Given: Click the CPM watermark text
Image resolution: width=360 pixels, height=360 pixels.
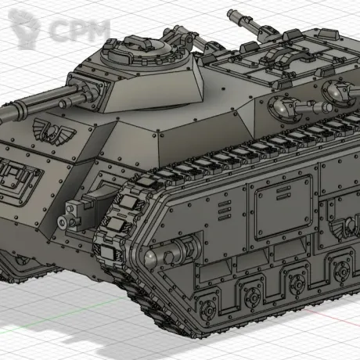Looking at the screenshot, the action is click(79, 31).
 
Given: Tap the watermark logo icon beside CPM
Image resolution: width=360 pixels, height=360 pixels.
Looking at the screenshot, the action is click(24, 28).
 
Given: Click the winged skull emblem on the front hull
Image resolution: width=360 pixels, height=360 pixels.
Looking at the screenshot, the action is click(54, 131).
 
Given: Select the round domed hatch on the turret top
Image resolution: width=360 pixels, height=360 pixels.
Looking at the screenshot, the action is click(139, 52).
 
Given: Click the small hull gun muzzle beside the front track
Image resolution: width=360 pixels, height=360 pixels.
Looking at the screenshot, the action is click(63, 221).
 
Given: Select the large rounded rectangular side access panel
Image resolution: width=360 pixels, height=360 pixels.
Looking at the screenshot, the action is click(283, 207).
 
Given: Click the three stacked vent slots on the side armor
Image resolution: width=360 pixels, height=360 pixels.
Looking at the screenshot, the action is click(225, 211).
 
